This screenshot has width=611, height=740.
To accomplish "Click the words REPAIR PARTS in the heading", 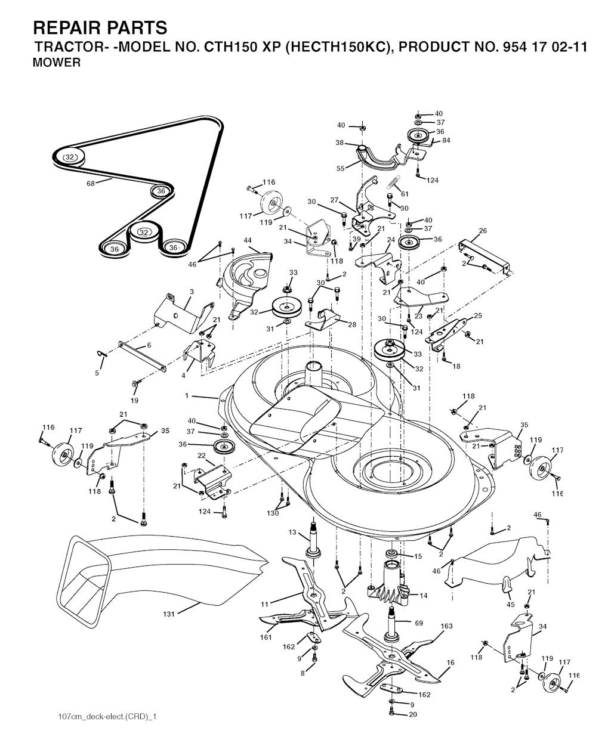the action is coord(100,27).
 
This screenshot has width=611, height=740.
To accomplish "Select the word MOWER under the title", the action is coord(57,63).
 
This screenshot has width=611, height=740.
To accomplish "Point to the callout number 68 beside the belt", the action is coord(91,184).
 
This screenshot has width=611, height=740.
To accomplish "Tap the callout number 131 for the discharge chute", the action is coord(169,614).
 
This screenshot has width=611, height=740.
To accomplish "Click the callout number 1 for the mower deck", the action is coord(187,395).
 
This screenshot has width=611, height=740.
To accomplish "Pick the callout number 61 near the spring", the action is coord(405,194).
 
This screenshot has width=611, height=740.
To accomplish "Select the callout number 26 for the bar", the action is coord(483,231).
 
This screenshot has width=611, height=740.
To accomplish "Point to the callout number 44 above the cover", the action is coord(248,241).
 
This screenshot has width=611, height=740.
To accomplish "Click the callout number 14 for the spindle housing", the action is coord(424,596).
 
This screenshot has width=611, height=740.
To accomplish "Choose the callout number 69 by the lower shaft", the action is coord(419,623).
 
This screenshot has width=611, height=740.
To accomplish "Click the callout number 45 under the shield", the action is coord(510,604).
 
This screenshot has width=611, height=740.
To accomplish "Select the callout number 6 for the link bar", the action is coord(149,345).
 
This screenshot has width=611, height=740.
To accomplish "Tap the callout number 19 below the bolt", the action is coord(134,401).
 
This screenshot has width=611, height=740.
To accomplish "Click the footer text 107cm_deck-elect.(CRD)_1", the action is coord(107,716).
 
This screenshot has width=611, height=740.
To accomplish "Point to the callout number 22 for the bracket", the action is coord(202,456).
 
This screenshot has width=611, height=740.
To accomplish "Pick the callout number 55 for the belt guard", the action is coord(341,169).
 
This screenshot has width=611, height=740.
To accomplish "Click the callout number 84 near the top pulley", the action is coord(446,140).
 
